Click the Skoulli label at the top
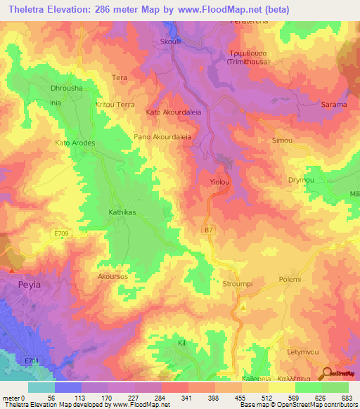(172, 41)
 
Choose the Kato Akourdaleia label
(173, 112)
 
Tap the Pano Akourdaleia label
(162, 137)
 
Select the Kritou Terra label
(115, 104)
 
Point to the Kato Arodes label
(75, 143)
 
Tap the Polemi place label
(290, 279)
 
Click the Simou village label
(282, 141)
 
